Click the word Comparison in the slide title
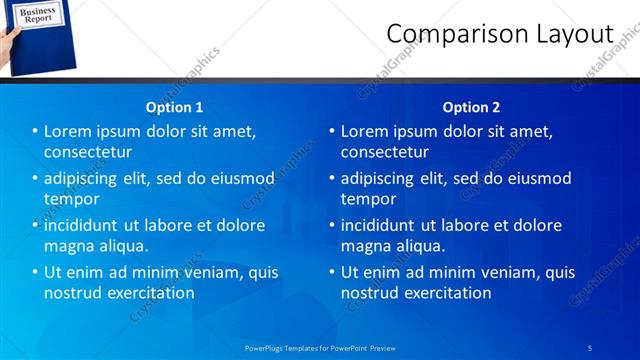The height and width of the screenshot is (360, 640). coord(442,35)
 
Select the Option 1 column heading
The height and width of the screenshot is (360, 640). coord(174,107)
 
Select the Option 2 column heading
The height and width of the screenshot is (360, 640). coord(471,107)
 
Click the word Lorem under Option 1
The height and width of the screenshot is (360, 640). coord(69,132)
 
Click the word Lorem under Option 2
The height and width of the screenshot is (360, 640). coord(366,132)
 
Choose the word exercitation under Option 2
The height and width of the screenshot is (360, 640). coord(445,293)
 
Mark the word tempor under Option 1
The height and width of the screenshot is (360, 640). coord(71,199)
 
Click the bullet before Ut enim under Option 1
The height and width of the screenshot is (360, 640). coord(35,272)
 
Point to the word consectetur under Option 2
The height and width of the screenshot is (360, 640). coord(384,152)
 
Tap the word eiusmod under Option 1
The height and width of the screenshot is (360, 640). coord(240,179)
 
